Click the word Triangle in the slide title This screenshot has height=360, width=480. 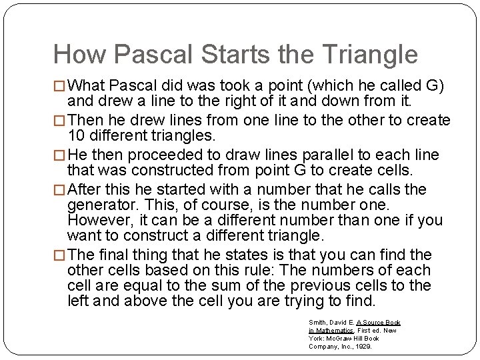pos(361,55)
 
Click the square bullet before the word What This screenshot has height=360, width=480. pos(60,87)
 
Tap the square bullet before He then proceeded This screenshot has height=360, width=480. pos(60,156)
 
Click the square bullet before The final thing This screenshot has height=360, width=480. pos(60,255)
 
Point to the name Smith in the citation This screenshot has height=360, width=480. pos(317,323)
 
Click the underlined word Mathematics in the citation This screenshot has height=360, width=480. pos(337,331)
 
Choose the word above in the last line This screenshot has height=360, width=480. pos(135,301)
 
